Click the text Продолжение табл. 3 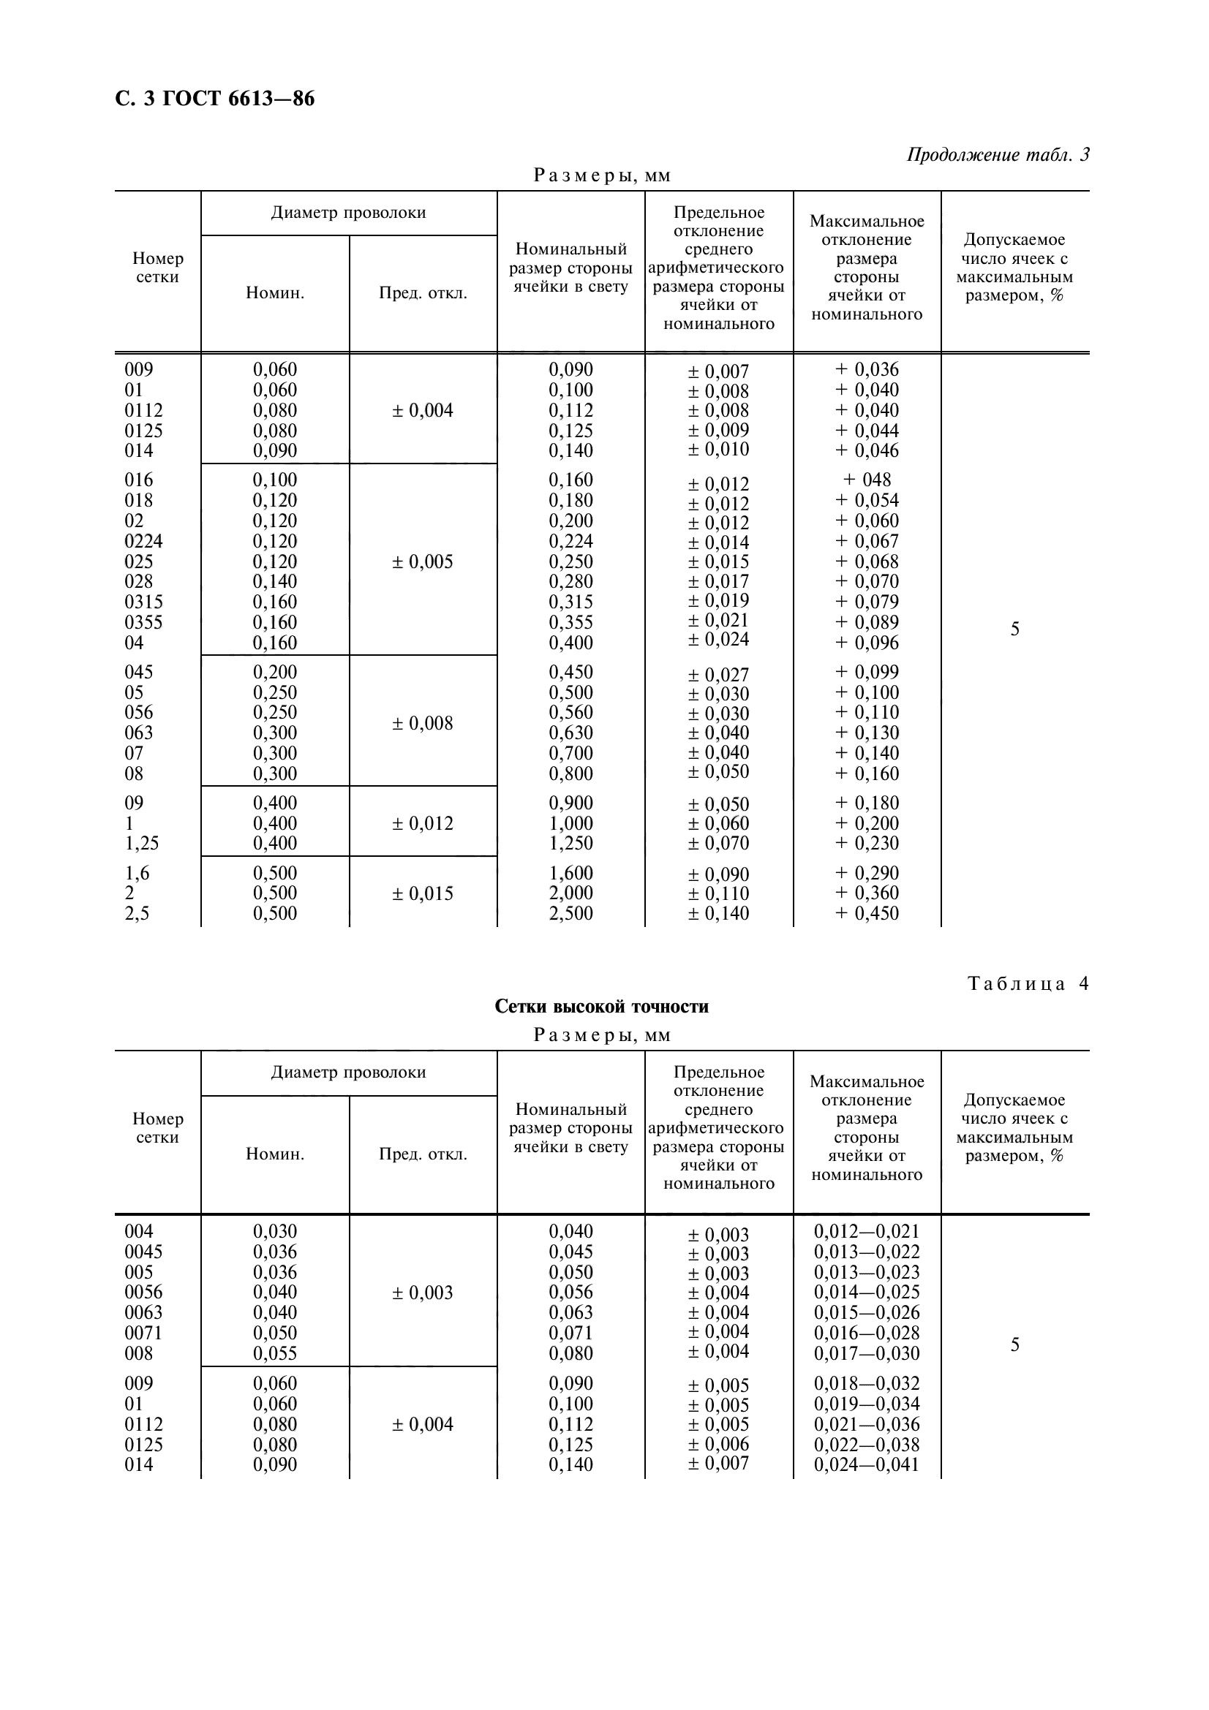coord(998,155)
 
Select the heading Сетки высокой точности coord(601,1007)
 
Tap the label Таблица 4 coord(1028,984)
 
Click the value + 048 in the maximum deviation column coord(866,480)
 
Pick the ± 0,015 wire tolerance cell coord(422,893)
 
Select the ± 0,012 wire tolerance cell coord(422,824)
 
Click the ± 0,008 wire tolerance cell coord(422,723)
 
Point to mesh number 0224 coord(143,542)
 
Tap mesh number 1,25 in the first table coord(142,843)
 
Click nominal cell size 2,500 coord(570,914)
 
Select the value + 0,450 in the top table coord(866,914)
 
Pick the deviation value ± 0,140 coord(718,914)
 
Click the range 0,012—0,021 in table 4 coord(866,1231)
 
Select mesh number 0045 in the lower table coord(143,1252)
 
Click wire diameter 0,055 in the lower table coord(275,1353)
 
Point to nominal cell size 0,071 coord(570,1333)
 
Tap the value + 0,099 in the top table coord(866,672)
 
